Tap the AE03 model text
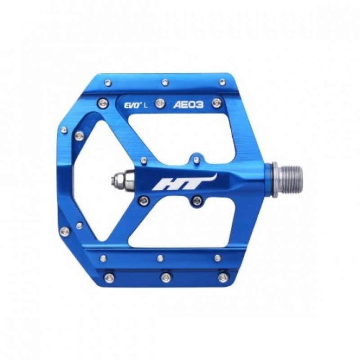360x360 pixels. click(x=189, y=105)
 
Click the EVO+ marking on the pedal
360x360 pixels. click(x=131, y=106)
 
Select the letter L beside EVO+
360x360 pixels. click(x=145, y=106)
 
